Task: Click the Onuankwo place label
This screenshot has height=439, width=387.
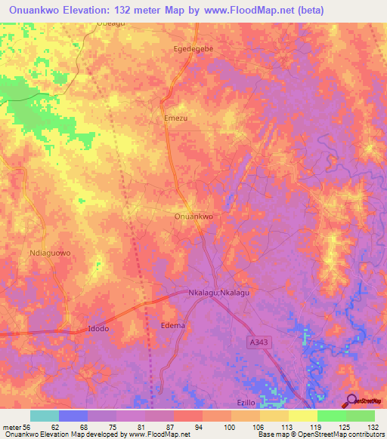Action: [193, 216]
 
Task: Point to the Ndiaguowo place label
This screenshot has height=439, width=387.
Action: [49, 253]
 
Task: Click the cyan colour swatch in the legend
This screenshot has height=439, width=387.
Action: [44, 416]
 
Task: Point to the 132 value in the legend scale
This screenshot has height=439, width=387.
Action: [367, 427]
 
